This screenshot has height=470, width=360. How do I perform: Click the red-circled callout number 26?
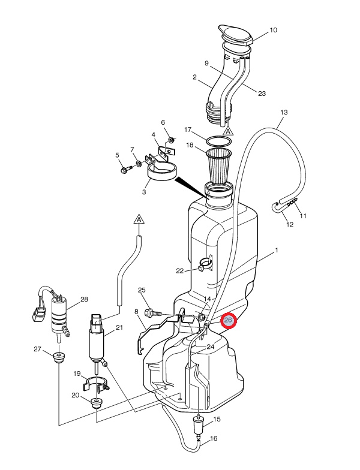click(x=228, y=321)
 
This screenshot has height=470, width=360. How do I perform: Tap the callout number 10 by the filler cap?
click(x=273, y=30)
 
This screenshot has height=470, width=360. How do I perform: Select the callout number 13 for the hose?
click(x=284, y=113)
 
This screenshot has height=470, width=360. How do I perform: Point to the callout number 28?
click(x=84, y=299)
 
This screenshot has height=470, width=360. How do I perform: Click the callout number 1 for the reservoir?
click(x=277, y=250)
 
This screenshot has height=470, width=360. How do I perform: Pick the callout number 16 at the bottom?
click(x=214, y=439)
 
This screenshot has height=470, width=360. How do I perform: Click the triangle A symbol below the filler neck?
click(x=228, y=129)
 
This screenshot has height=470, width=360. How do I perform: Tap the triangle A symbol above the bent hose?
click(x=139, y=219)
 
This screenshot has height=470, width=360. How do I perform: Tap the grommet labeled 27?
click(x=58, y=358)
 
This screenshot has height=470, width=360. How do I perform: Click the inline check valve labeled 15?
click(x=198, y=424)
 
